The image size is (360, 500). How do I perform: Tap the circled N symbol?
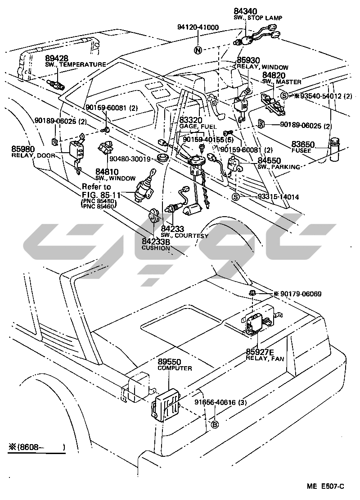[x=198, y=50]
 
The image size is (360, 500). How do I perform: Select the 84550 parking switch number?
[x=269, y=161]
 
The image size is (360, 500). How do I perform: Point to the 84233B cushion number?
[x=156, y=242]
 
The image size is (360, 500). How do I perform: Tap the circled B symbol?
[x=215, y=424]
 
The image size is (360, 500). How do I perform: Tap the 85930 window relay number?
[x=248, y=60]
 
